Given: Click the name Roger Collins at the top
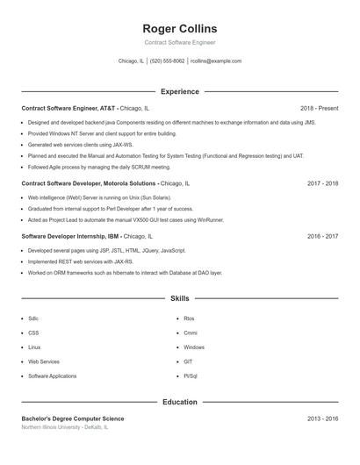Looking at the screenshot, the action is (179, 29).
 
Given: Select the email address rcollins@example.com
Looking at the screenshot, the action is (215, 61).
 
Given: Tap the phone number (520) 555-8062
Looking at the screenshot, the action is (167, 61).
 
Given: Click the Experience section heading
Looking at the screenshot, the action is (179, 91).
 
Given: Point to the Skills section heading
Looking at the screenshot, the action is (179, 298).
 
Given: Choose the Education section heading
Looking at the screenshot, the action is (179, 402).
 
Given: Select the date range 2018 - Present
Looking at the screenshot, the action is (319, 108).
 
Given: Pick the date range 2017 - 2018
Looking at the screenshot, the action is (322, 184).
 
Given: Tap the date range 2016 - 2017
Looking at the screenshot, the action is (322, 236).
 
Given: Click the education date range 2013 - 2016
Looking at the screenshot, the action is (322, 418).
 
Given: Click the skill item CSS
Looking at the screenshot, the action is (33, 333).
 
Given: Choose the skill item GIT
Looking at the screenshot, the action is (188, 361).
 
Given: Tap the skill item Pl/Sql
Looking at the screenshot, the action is (190, 376).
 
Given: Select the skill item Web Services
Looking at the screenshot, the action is (44, 361).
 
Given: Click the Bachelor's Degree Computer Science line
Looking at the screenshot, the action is (73, 418).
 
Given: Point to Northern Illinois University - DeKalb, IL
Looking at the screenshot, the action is (65, 427).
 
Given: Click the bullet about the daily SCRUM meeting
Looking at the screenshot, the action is (99, 166).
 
